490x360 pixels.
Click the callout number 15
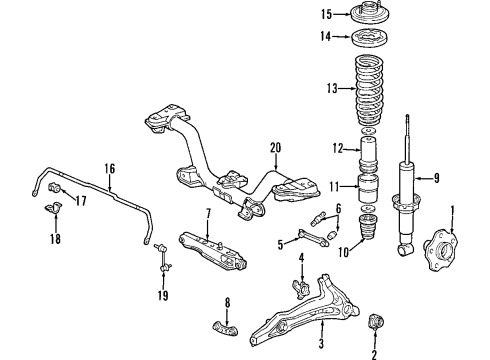[x=326, y=14]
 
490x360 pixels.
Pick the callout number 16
[x=110, y=169]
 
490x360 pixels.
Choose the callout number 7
[x=207, y=213]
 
